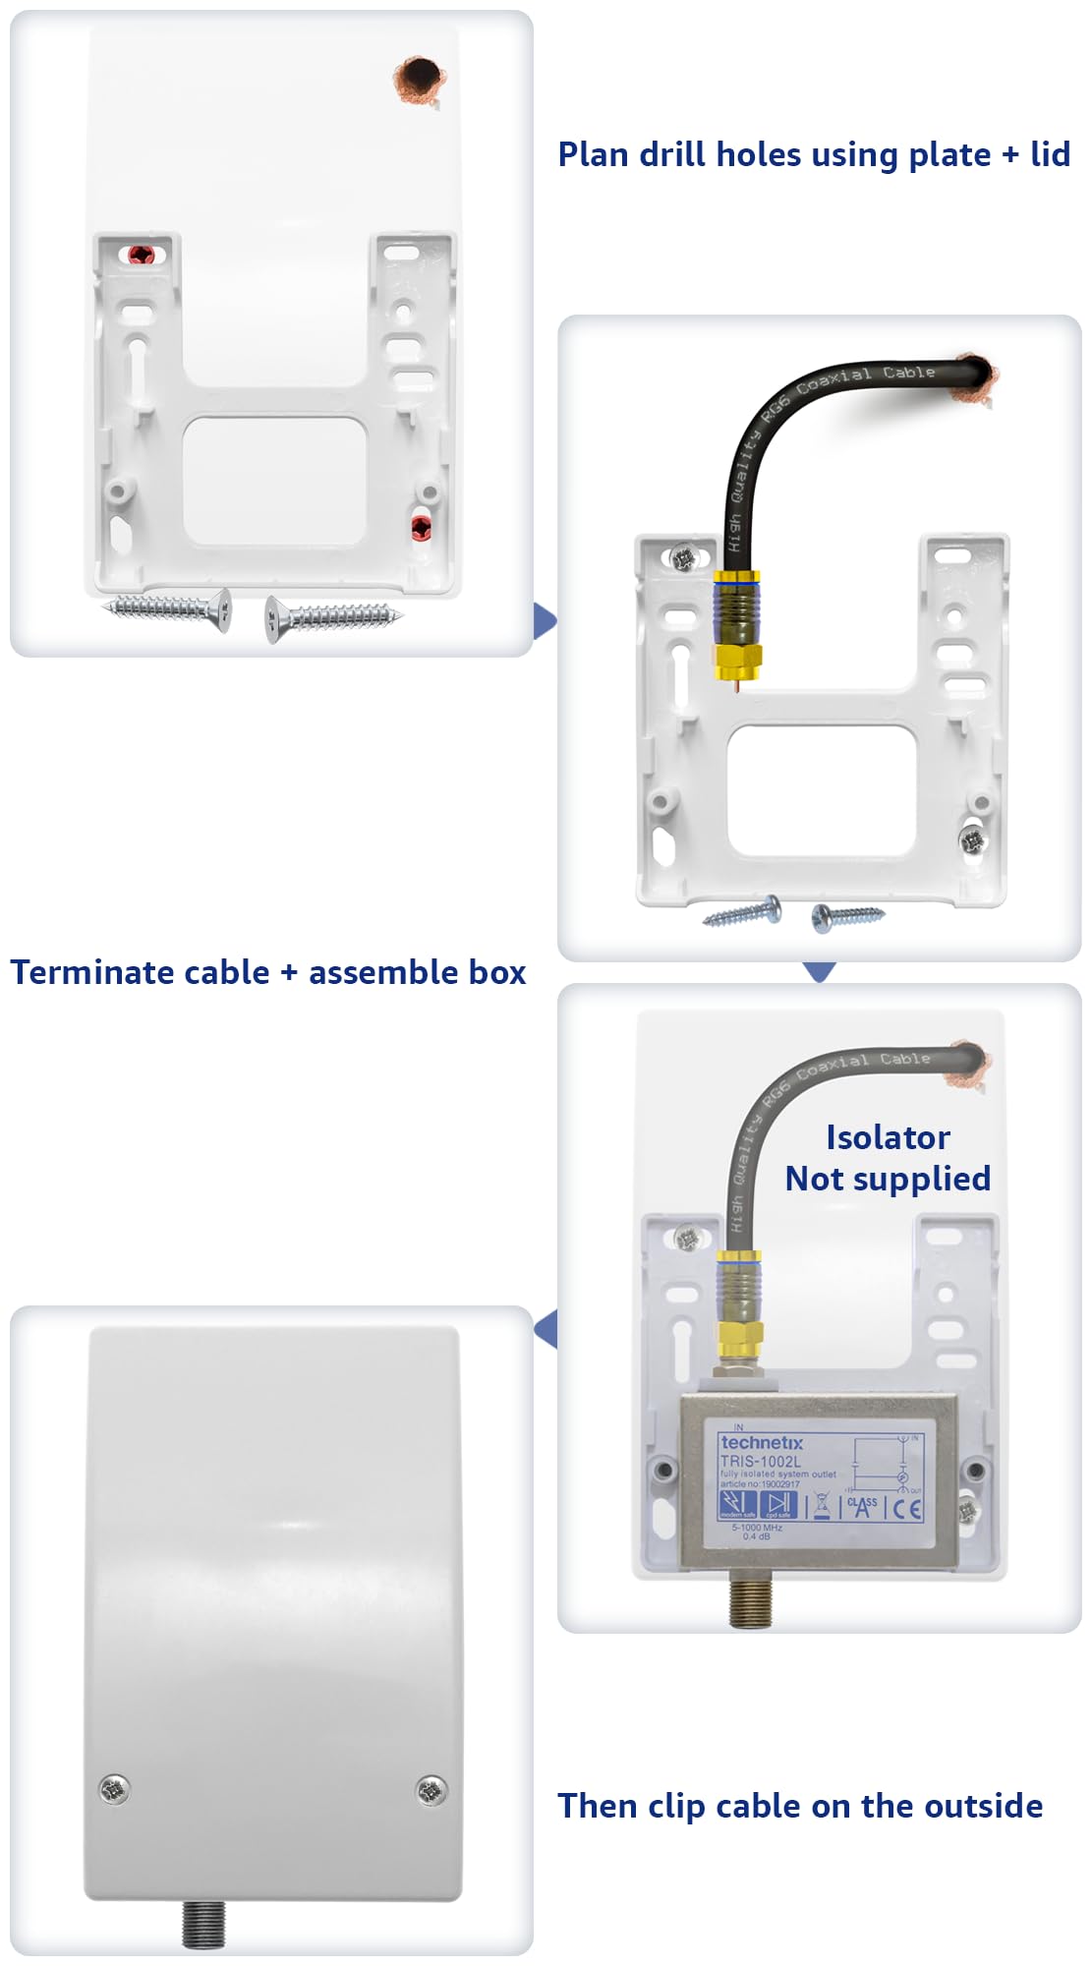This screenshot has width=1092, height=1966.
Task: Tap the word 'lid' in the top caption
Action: pyautogui.click(x=1050, y=154)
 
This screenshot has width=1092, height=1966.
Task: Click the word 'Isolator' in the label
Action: pyautogui.click(x=888, y=1137)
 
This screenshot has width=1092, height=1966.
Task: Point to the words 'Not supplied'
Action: pyautogui.click(x=888, y=1179)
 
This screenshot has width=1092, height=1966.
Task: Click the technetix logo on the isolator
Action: pyautogui.click(x=762, y=1442)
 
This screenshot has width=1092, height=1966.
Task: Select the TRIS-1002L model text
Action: pyautogui.click(x=760, y=1462)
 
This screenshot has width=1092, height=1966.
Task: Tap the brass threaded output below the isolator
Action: pyautogui.click(x=752, y=1598)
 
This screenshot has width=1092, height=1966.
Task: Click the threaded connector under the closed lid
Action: pyautogui.click(x=203, y=1924)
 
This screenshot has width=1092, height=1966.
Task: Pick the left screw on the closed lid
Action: pyautogui.click(x=114, y=1789)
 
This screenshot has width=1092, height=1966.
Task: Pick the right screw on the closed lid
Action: pyautogui.click(x=431, y=1790)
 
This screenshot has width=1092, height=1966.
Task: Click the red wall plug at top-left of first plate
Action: pyautogui.click(x=142, y=255)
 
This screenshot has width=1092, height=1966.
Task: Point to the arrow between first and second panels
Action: pyautogui.click(x=546, y=621)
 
